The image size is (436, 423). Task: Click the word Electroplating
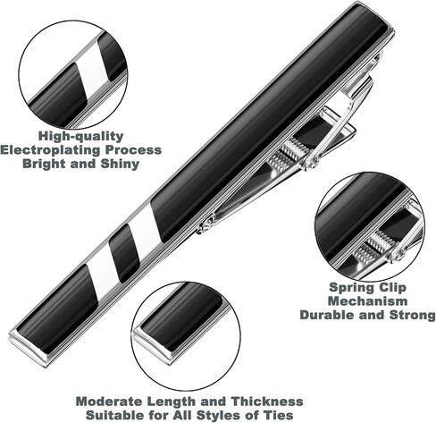click(51, 150)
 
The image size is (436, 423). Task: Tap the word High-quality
click(80, 136)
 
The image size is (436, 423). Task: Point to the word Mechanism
click(368, 300)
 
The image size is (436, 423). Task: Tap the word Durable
click(327, 315)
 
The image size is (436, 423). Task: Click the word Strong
click(412, 315)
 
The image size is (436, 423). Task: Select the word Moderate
click(110, 402)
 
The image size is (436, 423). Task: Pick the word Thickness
click(267, 402)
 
